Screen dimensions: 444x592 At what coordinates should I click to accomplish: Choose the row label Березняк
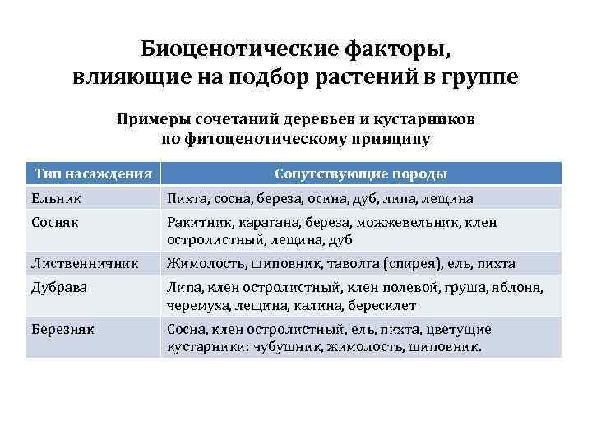pyautogui.click(x=62, y=330)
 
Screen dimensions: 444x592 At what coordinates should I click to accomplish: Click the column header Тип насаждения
pyautogui.click(x=94, y=173)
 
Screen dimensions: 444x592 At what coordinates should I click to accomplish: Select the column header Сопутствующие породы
pyautogui.click(x=361, y=173)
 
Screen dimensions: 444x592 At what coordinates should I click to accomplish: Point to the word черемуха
pyautogui.click(x=197, y=305)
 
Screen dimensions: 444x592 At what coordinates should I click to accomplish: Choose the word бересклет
pyautogui.click(x=382, y=305)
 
